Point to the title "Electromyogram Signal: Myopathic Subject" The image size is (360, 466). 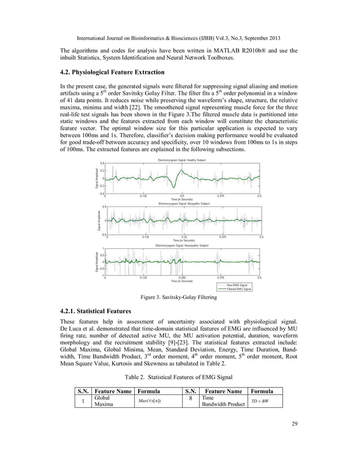[x=184, y=203]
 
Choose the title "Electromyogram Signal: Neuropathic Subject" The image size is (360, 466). [x=182, y=246]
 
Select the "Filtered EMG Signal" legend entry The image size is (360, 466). [x=243, y=289]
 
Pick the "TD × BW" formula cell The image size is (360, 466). [x=261, y=401]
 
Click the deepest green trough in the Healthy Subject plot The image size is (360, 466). [x=178, y=188]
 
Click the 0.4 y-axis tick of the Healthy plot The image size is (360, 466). [x=102, y=164]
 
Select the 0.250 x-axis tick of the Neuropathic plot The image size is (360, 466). [x=182, y=278]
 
